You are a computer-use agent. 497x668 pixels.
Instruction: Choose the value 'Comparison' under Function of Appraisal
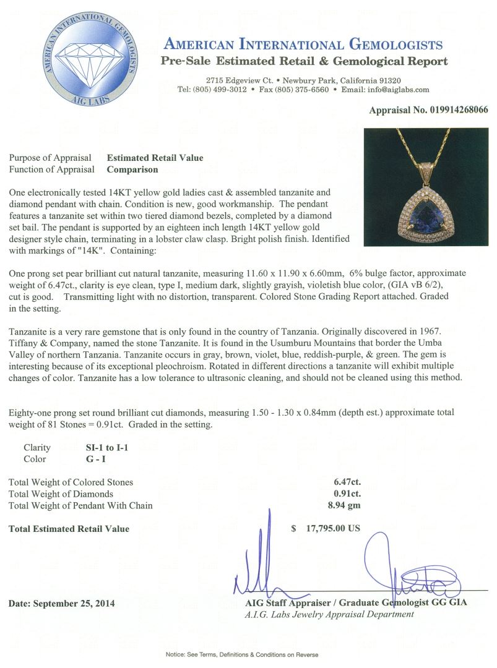(x=132, y=169)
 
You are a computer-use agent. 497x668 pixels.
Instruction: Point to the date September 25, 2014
(x=62, y=602)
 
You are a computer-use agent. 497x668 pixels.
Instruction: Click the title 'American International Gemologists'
(x=303, y=45)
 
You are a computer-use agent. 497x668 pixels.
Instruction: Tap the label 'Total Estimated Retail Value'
(x=69, y=529)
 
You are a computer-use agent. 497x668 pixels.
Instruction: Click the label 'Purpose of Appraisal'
(x=51, y=158)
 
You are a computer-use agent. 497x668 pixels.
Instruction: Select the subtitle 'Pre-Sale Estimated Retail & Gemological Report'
(x=304, y=62)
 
